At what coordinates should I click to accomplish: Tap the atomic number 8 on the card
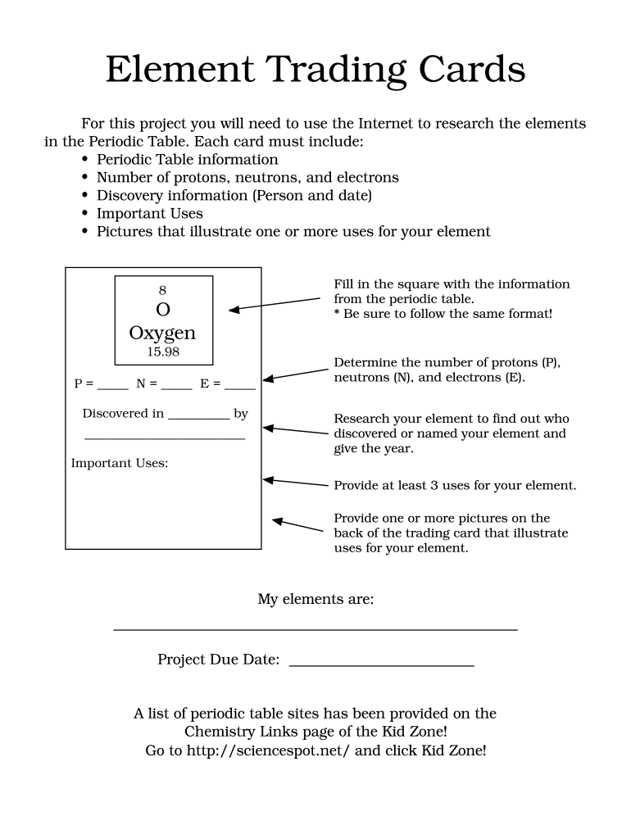click(x=162, y=289)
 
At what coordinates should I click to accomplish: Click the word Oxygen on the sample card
click(x=162, y=333)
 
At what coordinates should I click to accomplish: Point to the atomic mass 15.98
click(x=162, y=352)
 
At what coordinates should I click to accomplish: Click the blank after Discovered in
click(x=198, y=417)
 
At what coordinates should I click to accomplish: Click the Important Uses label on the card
click(x=120, y=464)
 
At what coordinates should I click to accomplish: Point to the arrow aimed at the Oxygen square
click(x=274, y=304)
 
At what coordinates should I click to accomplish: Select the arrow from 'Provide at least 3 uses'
click(x=295, y=483)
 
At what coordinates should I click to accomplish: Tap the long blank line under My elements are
click(x=315, y=628)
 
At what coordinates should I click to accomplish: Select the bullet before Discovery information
click(x=85, y=197)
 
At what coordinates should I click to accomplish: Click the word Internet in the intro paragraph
click(x=386, y=124)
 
